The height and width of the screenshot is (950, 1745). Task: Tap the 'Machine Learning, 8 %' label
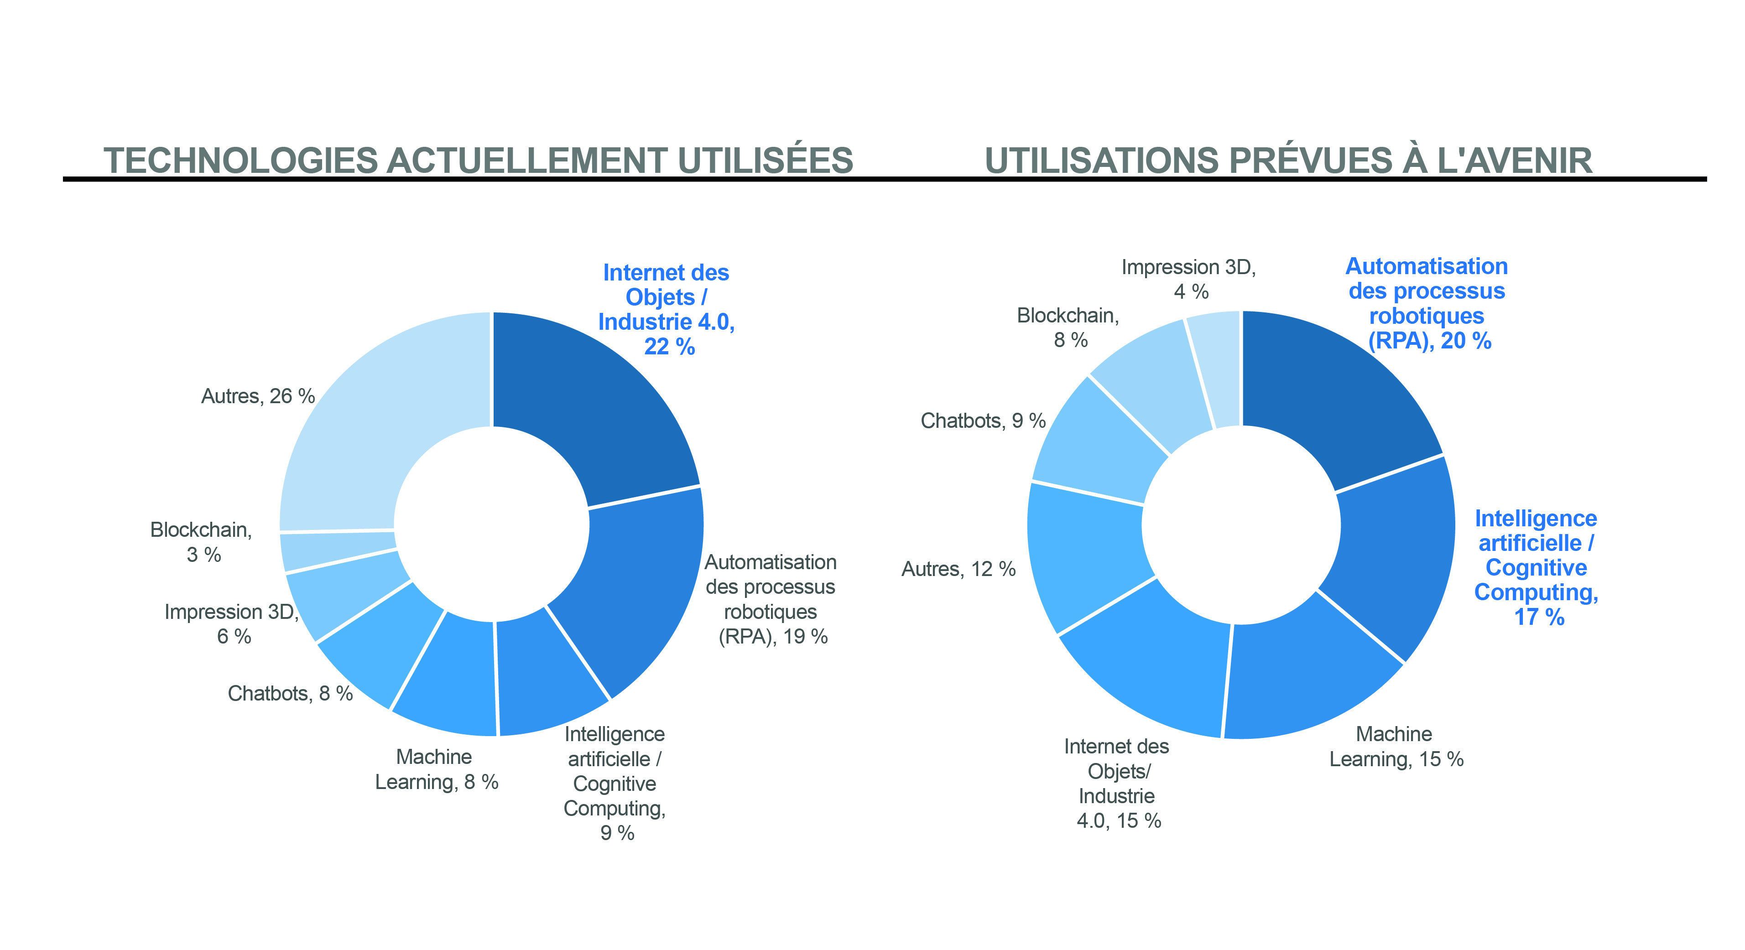(436, 769)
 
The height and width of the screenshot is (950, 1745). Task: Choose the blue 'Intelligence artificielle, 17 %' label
(1536, 567)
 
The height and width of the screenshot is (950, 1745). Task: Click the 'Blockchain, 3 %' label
(201, 542)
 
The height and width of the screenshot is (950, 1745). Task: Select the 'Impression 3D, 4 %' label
(1189, 279)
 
